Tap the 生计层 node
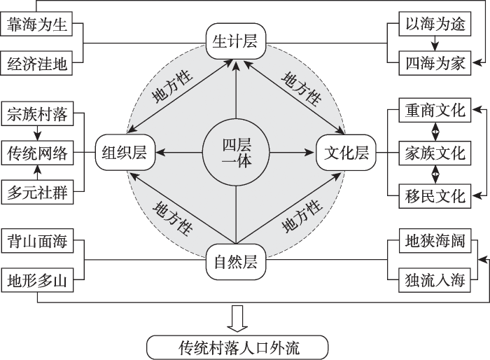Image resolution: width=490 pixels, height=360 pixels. point(235,41)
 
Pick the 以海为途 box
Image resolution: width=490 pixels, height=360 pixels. point(435,25)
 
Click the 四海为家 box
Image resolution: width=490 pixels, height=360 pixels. point(435,64)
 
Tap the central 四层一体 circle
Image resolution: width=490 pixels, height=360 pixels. point(236,153)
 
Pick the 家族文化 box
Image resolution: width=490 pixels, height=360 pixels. point(435,152)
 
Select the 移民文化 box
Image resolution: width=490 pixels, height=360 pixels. point(435,194)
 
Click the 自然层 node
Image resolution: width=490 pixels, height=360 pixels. point(236,263)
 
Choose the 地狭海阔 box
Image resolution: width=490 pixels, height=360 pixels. point(435,242)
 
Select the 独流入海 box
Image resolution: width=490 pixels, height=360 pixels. point(435,282)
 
